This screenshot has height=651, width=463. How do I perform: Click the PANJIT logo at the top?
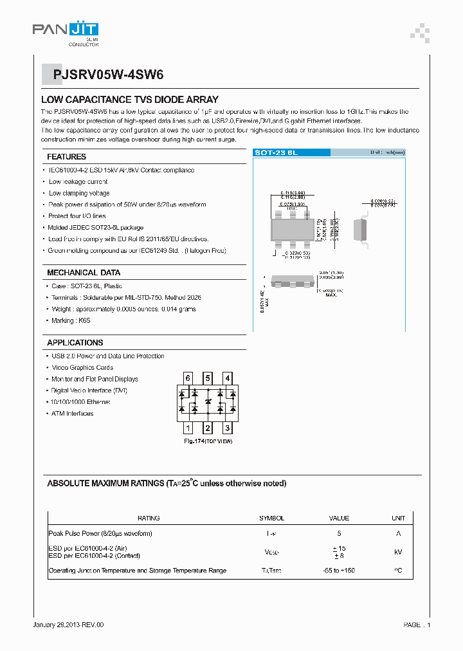point(65,30)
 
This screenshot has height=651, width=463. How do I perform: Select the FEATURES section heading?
point(66,156)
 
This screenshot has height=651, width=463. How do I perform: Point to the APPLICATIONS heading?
point(75,343)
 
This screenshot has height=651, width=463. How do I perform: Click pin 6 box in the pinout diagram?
point(188,378)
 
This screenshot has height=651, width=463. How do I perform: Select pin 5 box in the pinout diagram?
point(208,378)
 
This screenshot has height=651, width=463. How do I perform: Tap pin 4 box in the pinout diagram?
point(227,378)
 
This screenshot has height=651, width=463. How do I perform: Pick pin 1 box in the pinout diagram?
point(188,428)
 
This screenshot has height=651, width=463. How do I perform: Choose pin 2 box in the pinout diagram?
point(208,428)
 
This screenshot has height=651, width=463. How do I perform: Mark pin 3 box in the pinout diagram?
point(227,428)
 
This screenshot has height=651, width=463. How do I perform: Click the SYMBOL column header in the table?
point(271,518)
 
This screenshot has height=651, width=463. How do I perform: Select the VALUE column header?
point(339,518)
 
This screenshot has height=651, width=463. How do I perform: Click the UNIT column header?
point(399,518)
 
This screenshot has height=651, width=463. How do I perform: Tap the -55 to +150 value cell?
point(339,571)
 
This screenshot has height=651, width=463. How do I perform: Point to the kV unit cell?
point(399,552)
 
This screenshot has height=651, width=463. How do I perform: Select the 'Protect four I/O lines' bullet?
point(77,216)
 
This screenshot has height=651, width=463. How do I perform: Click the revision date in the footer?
point(68,625)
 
